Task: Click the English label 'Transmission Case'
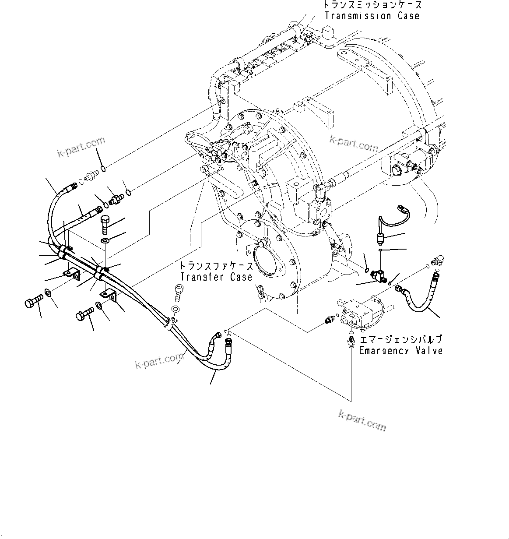click(372, 16)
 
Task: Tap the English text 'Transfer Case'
click(216, 277)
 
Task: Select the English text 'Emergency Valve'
click(400, 350)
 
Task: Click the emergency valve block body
click(357, 313)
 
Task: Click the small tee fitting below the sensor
click(379, 275)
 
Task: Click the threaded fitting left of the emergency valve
click(329, 321)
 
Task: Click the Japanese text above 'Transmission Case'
click(372, 5)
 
